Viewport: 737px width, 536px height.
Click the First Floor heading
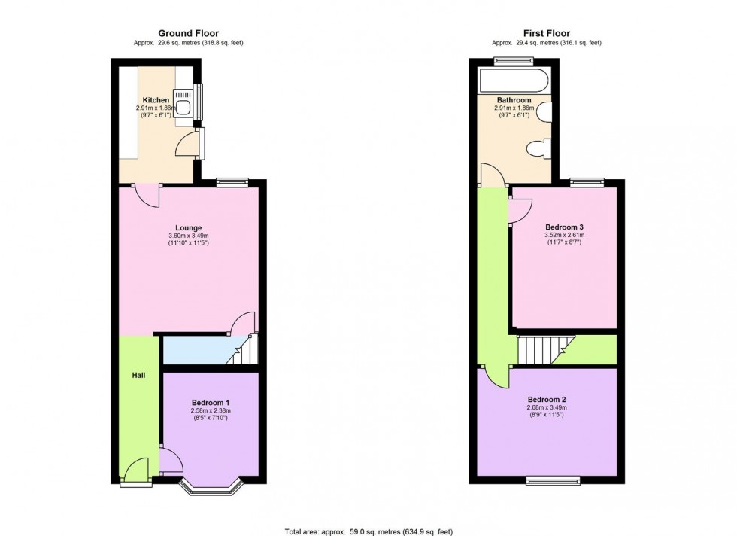pos(546,33)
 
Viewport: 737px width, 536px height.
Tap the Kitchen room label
pos(156,100)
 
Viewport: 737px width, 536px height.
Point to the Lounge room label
pos(188,228)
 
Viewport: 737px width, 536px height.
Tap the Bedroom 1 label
pos(210,402)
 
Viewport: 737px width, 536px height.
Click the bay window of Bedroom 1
pos(211,489)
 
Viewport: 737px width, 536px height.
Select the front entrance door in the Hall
pos(136,474)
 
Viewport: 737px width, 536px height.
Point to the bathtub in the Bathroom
pos(513,78)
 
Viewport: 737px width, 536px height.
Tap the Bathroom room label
pos(514,100)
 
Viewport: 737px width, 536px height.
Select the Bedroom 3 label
pos(564,227)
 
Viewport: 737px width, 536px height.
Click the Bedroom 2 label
pos(546,400)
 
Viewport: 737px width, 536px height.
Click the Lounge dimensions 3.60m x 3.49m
pos(188,236)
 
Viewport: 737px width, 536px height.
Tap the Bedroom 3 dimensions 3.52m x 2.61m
pos(564,236)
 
